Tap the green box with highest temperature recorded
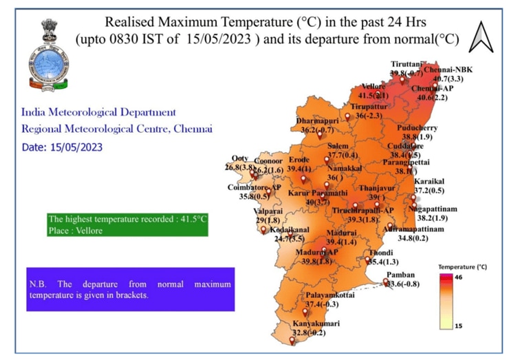click(127, 224)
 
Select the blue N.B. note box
click(130, 288)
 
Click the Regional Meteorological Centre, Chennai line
click(117, 129)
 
